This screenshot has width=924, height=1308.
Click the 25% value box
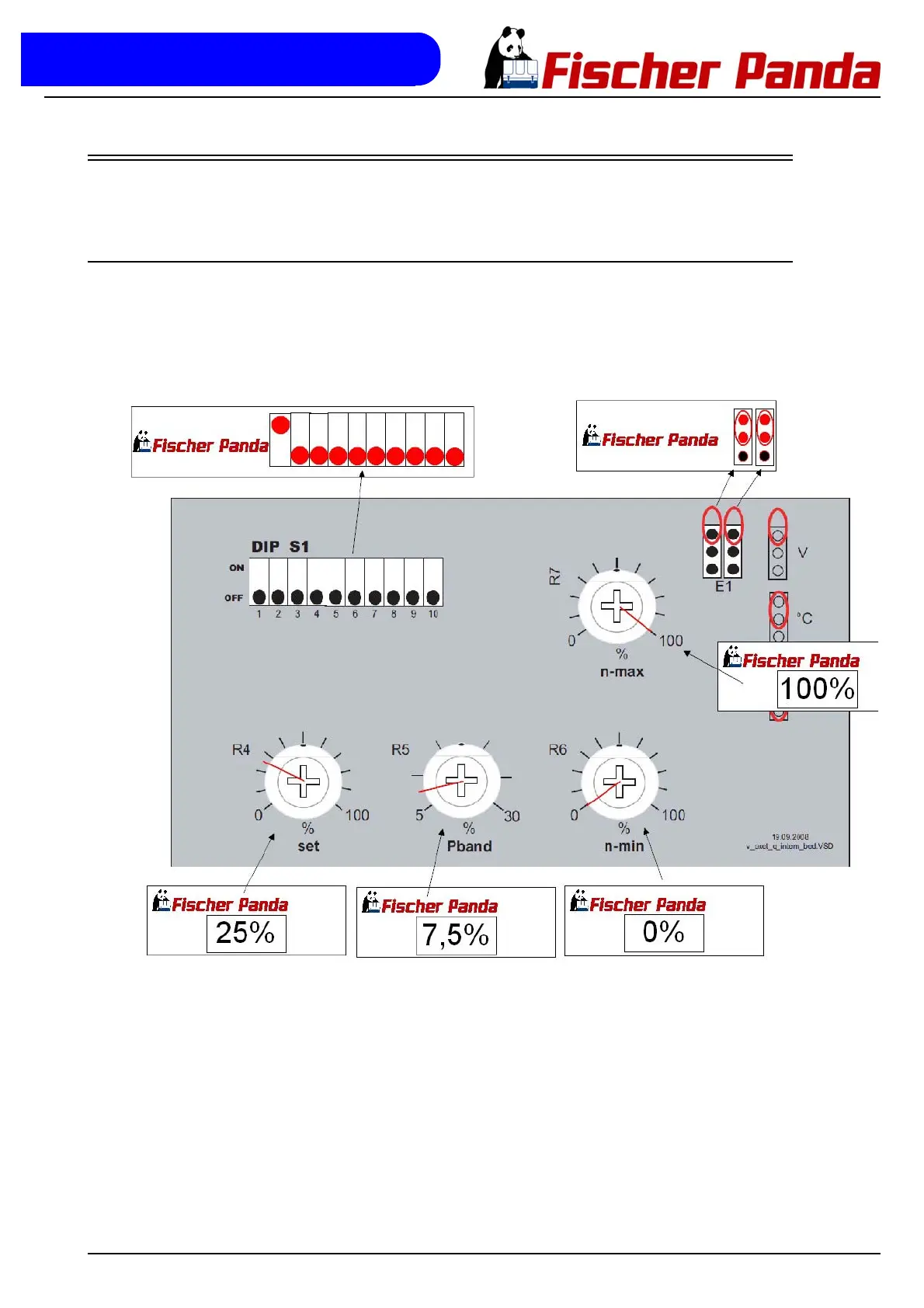[246, 933]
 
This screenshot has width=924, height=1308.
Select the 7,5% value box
[457, 935]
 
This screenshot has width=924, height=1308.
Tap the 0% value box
[664, 932]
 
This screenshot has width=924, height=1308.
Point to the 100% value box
[818, 689]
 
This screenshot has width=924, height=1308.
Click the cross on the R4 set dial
[303, 781]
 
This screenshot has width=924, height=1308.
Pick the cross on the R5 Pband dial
[461, 780]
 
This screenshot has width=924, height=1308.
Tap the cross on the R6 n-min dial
[619, 781]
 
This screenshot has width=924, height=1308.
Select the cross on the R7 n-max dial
[617, 606]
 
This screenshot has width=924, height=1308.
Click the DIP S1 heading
[280, 547]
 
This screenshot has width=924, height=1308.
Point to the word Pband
[469, 847]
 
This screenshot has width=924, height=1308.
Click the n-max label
[622, 672]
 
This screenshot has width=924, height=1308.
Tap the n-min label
[624, 847]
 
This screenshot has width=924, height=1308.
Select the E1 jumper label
[724, 586]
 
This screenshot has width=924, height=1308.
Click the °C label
[805, 618]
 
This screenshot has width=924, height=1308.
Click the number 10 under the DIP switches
[433, 614]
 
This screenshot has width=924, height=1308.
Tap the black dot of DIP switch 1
[259, 597]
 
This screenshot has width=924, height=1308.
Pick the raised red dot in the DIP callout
[280, 425]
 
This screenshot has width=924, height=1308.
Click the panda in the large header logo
[509, 58]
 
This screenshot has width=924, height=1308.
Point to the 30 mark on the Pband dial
[512, 816]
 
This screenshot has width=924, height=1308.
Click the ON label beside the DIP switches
[236, 568]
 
